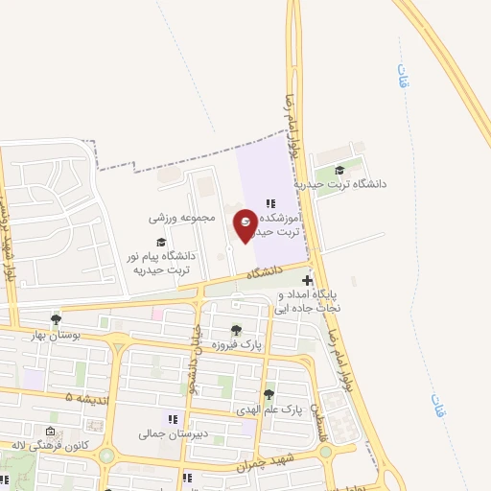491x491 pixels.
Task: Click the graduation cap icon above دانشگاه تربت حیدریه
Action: pyautogui.click(x=340, y=170)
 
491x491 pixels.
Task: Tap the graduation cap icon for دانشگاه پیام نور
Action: pyautogui.click(x=161, y=242)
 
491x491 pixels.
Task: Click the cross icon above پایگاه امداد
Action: pyautogui.click(x=306, y=281)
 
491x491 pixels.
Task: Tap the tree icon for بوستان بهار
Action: pyautogui.click(x=56, y=319)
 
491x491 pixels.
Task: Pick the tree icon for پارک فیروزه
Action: pyautogui.click(x=236, y=330)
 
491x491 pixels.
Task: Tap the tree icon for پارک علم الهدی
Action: pyautogui.click(x=268, y=394)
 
